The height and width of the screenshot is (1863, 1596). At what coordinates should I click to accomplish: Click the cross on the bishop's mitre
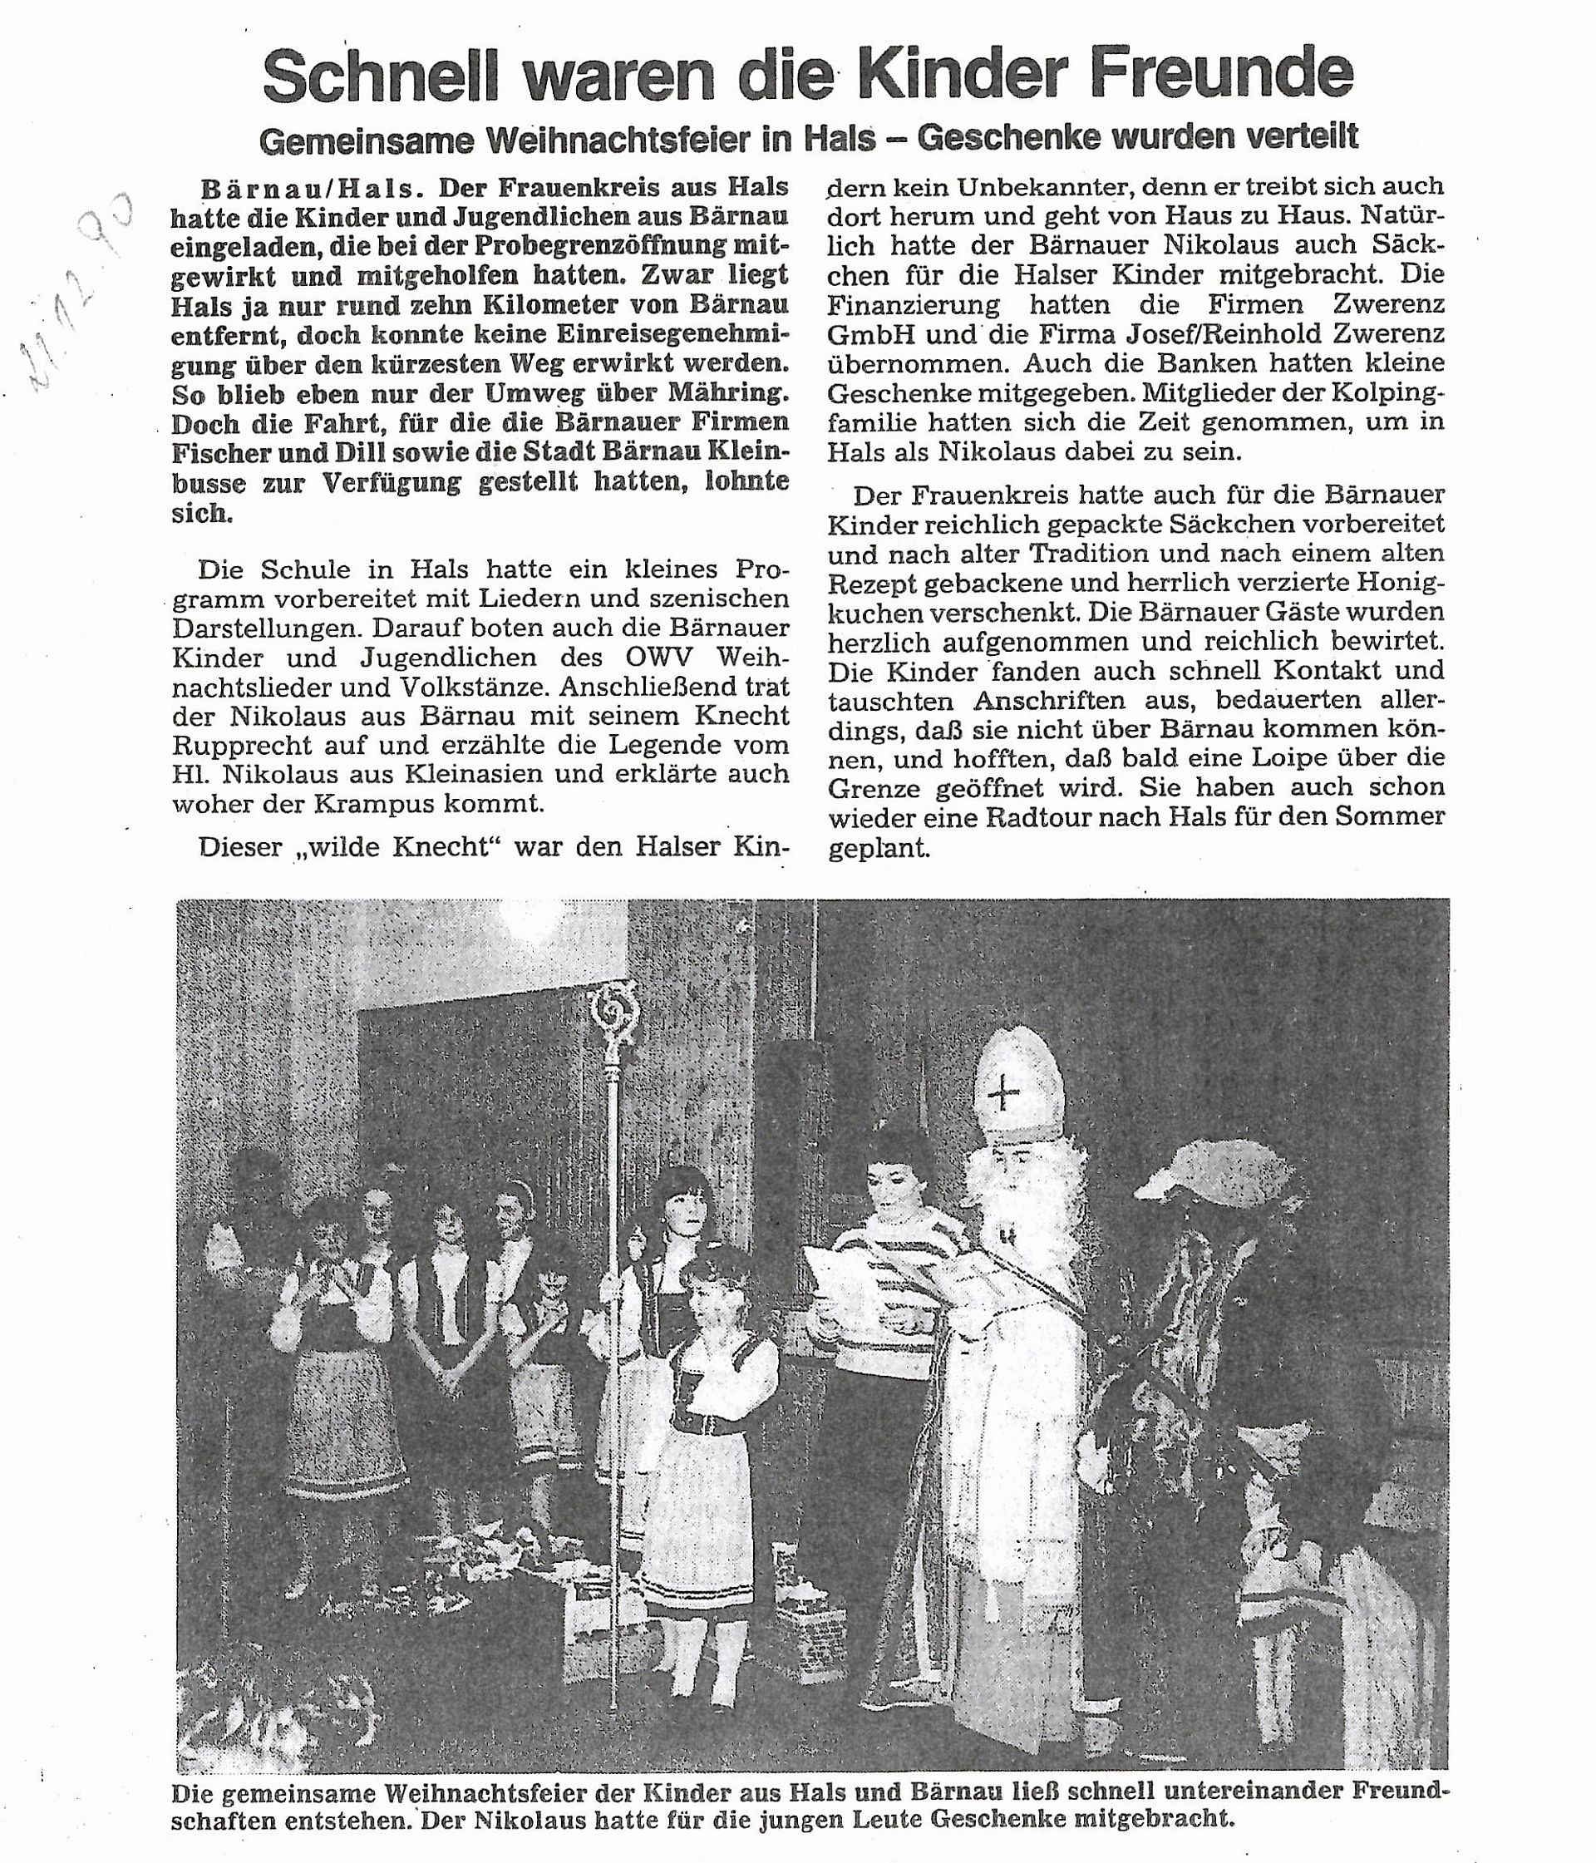click(x=1004, y=1094)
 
